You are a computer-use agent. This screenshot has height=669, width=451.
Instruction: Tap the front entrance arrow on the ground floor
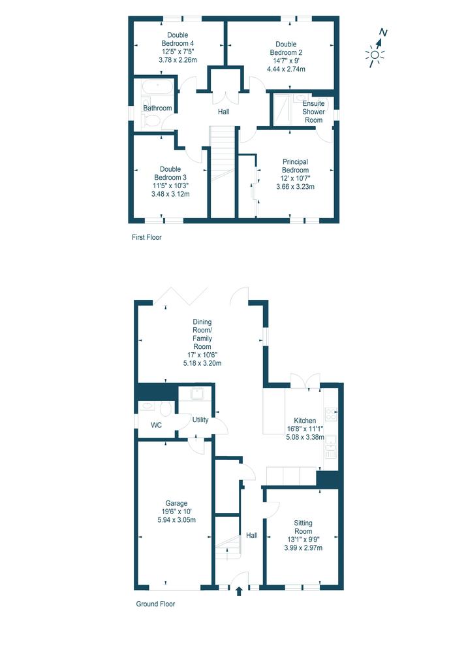click(239, 591)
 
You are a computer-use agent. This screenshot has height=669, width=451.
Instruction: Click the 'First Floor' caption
click(147, 237)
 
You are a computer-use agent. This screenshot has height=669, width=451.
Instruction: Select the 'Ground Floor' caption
click(155, 604)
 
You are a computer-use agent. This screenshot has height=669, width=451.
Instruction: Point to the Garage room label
click(176, 504)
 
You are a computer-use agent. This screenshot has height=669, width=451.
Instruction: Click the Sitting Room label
click(303, 527)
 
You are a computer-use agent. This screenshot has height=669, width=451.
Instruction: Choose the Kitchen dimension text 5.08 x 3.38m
click(305, 437)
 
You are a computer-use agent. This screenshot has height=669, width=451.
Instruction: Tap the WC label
click(157, 425)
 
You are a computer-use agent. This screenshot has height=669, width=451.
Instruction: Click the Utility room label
click(200, 420)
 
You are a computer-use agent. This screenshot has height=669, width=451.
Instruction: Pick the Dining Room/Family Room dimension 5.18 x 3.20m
click(202, 363)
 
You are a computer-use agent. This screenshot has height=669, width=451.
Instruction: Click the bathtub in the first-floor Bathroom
click(157, 88)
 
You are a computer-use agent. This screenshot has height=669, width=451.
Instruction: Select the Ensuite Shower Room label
click(313, 112)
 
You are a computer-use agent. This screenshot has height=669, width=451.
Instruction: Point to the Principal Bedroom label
click(296, 166)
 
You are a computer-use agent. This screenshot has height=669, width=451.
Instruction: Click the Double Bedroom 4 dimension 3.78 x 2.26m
click(178, 60)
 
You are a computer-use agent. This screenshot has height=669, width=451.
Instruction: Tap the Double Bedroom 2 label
click(286, 48)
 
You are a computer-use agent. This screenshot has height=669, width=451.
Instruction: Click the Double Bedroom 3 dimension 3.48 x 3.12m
click(170, 193)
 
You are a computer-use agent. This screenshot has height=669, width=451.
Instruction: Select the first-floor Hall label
click(224, 112)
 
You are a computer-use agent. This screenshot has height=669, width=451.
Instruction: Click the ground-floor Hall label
click(252, 535)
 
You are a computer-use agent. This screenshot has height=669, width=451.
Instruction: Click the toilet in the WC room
click(166, 408)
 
